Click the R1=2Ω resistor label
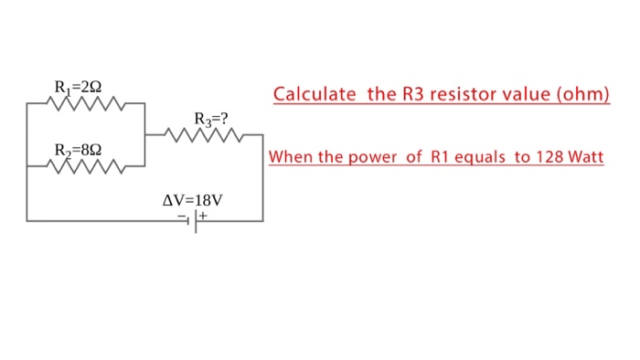coord(78,88)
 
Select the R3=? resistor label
coord(211,119)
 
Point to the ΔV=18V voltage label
coord(193,199)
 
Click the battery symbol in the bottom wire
coord(194,220)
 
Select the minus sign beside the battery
coord(183,217)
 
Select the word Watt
coord(585,157)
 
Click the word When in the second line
coord(291,157)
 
